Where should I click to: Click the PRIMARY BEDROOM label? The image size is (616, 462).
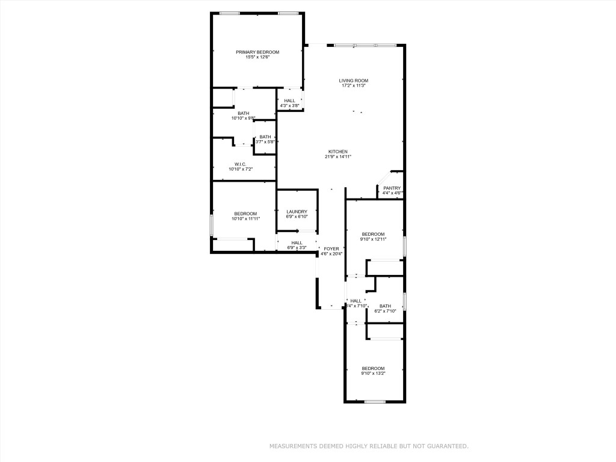(257, 52)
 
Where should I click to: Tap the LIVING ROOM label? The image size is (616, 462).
(353, 81)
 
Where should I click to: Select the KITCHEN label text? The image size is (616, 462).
(337, 152)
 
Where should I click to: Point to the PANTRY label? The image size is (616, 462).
(392, 188)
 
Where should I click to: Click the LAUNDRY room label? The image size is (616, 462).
(297, 212)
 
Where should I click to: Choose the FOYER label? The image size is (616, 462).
(331, 248)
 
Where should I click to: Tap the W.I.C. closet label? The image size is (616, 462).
(241, 164)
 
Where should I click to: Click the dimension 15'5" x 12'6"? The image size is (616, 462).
(257, 58)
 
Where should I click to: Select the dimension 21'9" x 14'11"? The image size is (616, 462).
(337, 157)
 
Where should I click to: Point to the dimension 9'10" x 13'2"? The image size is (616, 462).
(373, 374)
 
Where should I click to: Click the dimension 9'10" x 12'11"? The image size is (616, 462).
(373, 239)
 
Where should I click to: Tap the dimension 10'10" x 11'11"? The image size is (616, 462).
(245, 219)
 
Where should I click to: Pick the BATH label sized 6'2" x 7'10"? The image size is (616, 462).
(385, 306)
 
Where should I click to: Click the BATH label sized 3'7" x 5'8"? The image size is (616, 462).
(265, 137)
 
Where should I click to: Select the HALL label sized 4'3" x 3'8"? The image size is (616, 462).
(289, 101)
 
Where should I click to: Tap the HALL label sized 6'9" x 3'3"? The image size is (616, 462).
(297, 242)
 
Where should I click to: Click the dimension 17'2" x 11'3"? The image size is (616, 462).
(353, 86)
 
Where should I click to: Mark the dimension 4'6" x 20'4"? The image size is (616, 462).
(331, 254)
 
